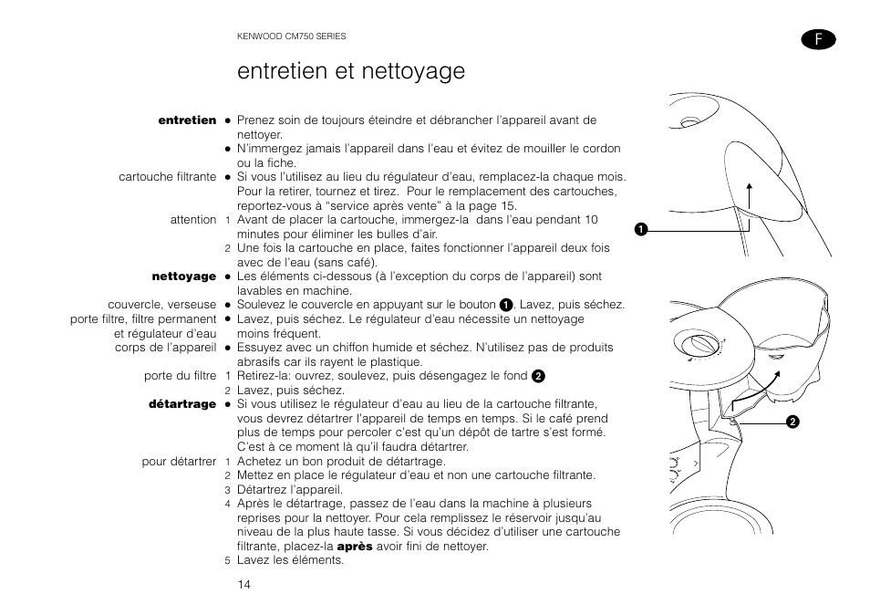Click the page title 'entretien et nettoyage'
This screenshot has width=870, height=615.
click(350, 71)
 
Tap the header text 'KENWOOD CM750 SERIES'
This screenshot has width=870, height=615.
click(291, 36)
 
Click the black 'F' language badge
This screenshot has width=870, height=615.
click(818, 38)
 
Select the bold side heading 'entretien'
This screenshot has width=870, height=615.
click(187, 120)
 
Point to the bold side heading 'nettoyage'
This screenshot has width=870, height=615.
click(183, 276)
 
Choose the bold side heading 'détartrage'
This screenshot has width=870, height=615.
click(182, 404)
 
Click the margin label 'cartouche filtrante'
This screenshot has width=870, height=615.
click(167, 177)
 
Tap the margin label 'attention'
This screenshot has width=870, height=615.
click(192, 220)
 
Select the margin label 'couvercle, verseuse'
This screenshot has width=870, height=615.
click(161, 305)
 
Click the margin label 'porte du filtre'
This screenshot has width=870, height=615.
click(180, 376)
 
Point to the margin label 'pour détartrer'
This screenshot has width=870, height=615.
click(179, 462)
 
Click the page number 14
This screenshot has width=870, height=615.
click(243, 584)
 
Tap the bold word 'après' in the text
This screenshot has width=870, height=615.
click(355, 547)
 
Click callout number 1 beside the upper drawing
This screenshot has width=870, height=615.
click(642, 227)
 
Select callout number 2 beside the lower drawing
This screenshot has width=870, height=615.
click(792, 421)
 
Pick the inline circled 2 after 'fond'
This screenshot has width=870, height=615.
click(538, 376)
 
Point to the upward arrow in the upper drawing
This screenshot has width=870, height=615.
click(750, 196)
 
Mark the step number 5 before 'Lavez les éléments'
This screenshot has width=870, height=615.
click(228, 561)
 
